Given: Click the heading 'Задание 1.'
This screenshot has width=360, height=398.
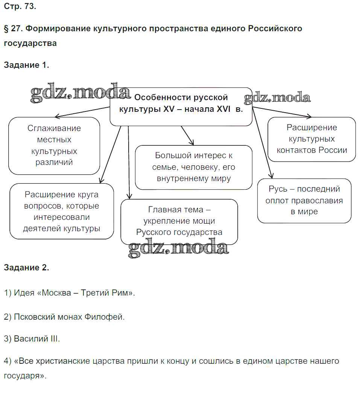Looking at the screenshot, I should [26, 65].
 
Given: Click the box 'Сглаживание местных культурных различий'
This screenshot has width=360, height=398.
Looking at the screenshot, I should [54, 145].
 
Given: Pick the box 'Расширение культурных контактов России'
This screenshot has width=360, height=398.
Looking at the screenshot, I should [311, 139].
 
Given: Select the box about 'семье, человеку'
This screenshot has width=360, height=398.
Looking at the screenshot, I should [193, 167].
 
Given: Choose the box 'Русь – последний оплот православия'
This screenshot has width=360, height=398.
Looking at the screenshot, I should [304, 200].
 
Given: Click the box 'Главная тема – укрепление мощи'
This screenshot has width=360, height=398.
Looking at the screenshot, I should [179, 221].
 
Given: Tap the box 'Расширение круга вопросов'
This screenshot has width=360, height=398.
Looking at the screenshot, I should [62, 211].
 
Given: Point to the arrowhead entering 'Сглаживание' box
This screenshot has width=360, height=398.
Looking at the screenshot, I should [56, 116].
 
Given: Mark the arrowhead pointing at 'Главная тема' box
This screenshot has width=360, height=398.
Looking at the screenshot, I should [129, 197].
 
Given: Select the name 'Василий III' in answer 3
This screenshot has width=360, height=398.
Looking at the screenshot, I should [36, 339].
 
